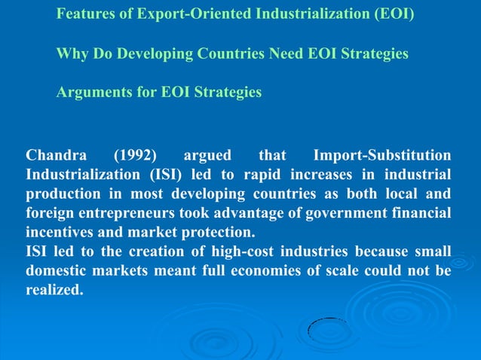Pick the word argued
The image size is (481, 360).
tap(209, 157)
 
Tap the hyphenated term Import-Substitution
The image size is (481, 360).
tap(382, 157)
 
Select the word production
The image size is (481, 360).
tap(62, 194)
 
